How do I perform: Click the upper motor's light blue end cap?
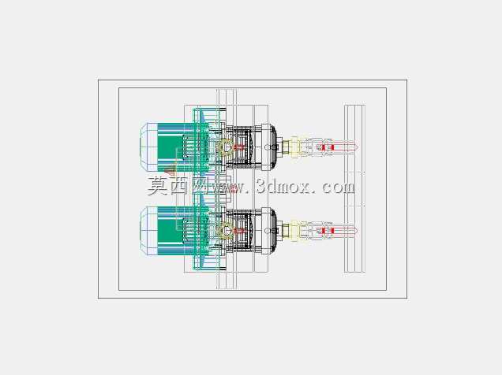click(x=148, y=147)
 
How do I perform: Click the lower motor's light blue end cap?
click(x=148, y=231)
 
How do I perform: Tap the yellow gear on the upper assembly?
click(x=224, y=147)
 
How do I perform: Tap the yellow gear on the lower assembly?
click(x=224, y=231)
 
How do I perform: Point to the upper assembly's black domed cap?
click(x=273, y=147)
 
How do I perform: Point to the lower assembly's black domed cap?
click(x=273, y=231)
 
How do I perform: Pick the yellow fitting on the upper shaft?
click(x=294, y=147)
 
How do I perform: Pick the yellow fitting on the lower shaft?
click(x=294, y=231)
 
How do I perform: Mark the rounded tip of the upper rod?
click(x=356, y=147)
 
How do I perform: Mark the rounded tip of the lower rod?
click(x=356, y=231)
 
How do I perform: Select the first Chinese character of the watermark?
click(x=157, y=186)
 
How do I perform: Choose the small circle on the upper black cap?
click(x=267, y=147)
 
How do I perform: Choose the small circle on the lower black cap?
click(x=267, y=231)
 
